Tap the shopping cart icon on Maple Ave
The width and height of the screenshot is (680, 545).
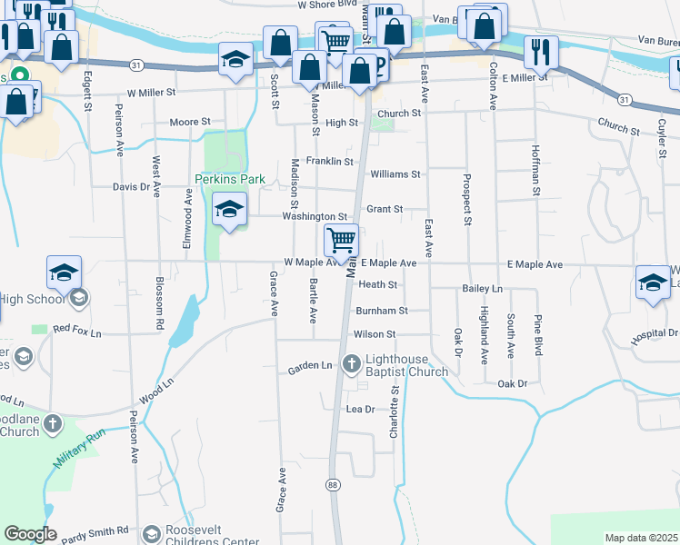pos(341,242)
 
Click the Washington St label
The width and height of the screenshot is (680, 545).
pos(315,217)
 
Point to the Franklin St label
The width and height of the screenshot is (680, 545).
pos(329,162)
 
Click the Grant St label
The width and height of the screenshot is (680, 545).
pos(385,209)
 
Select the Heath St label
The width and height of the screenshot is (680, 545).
pos(378,284)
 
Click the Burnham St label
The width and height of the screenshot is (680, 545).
pos(381,311)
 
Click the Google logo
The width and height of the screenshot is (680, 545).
pos(30,534)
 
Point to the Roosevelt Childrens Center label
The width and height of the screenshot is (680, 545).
pos(215,536)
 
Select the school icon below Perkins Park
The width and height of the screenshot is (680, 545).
pos(229,211)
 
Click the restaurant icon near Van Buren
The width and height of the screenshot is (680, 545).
pos(541,52)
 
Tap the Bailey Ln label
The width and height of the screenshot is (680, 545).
pos(483,288)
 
